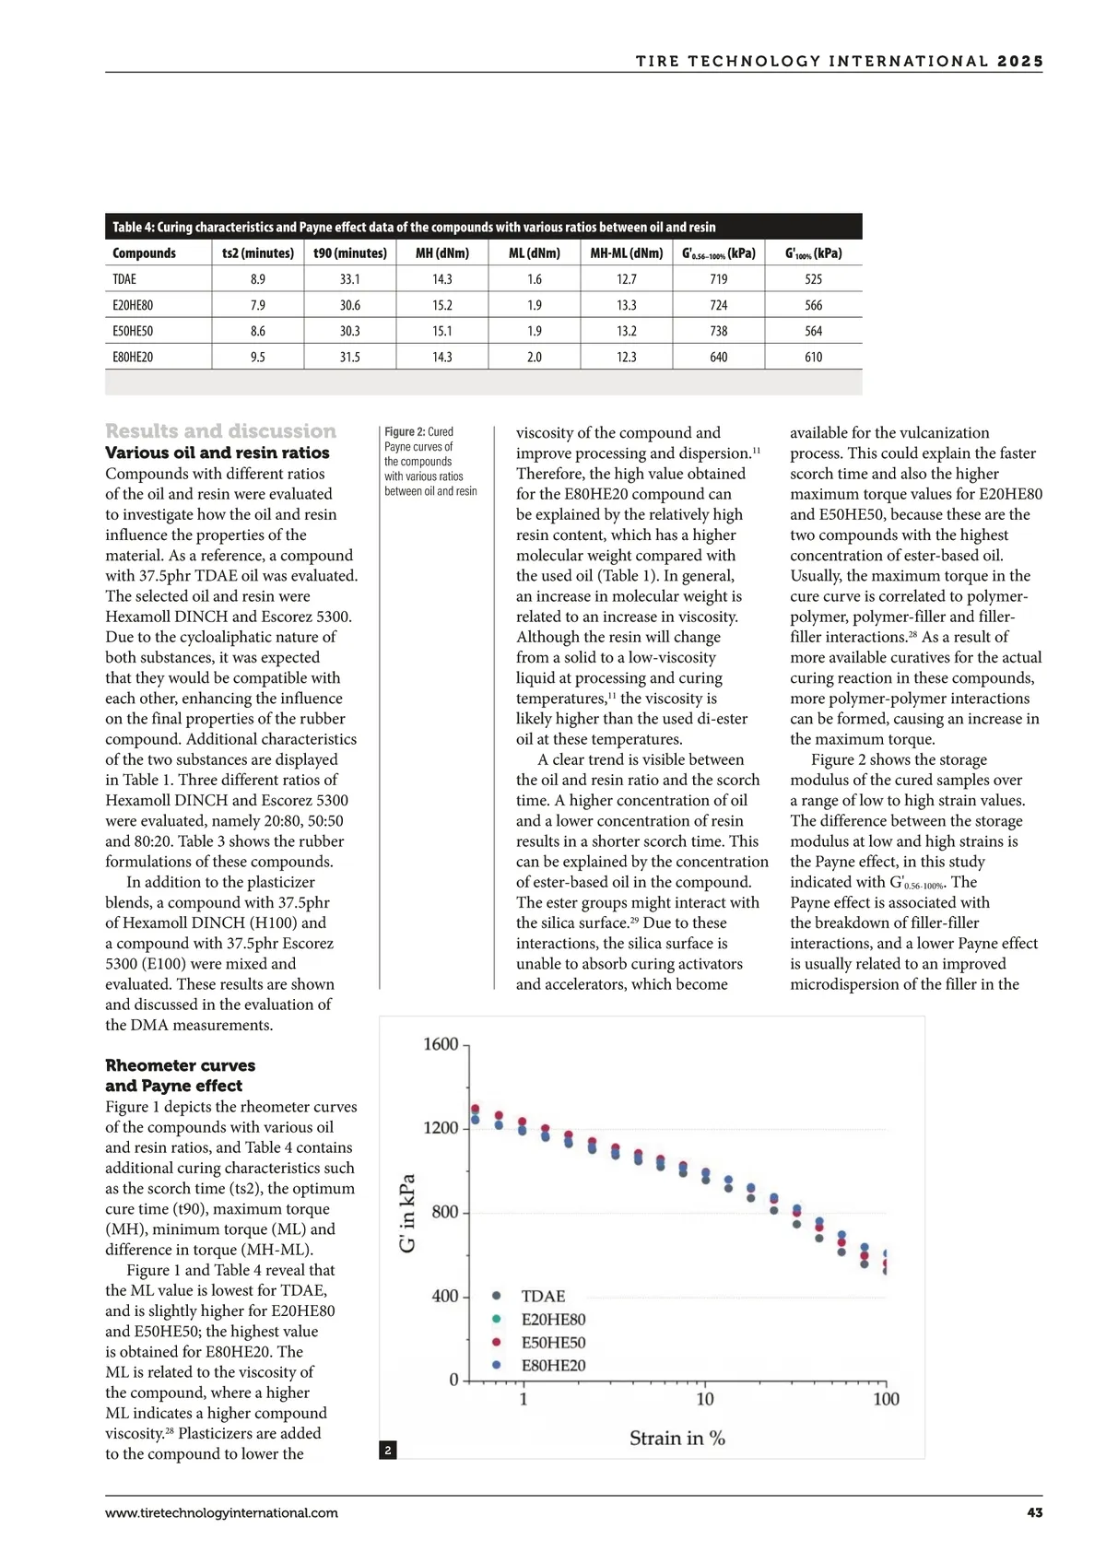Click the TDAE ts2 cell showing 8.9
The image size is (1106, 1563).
257,279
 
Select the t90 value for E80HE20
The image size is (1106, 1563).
349,357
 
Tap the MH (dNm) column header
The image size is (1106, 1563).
441,253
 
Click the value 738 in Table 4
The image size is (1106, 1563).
718,331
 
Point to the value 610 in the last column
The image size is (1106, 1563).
813,357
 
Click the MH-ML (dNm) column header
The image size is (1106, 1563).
626,253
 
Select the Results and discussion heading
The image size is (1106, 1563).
220,431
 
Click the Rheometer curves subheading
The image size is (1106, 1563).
180,1065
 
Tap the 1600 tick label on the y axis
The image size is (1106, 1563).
440,1044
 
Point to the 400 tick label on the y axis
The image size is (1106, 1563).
444,1297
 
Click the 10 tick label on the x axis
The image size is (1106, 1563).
704,1400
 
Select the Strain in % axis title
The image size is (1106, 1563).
677,1439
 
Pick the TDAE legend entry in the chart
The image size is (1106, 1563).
543,1297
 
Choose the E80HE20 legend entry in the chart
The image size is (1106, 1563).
553,1366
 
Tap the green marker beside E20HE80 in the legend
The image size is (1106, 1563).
497,1320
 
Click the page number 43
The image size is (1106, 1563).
1034,1513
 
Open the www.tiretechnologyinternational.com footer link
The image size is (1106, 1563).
221,1513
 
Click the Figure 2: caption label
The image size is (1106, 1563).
405,432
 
